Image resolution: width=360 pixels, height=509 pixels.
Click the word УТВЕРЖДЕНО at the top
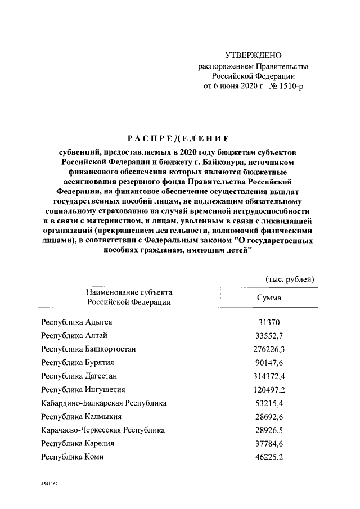pyautogui.click(x=253, y=55)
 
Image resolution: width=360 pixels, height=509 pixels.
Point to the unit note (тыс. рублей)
pyautogui.click(x=290, y=280)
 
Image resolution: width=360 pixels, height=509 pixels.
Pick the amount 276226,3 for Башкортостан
pyautogui.click(x=269, y=349)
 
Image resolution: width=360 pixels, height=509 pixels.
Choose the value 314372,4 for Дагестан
pyautogui.click(x=269, y=376)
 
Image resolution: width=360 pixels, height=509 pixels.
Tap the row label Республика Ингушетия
pyautogui.click(x=83, y=389)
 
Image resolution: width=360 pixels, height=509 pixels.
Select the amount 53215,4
pyautogui.click(x=269, y=403)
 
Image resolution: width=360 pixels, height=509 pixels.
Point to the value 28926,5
pyautogui.click(x=269, y=430)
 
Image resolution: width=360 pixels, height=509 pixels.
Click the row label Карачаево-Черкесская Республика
pyautogui.click(x=103, y=430)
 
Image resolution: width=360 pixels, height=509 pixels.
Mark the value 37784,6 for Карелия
pyautogui.click(x=269, y=443)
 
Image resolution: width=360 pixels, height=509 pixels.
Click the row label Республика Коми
pyautogui.click(x=73, y=457)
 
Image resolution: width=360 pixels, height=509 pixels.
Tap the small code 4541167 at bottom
pyautogui.click(x=50, y=484)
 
